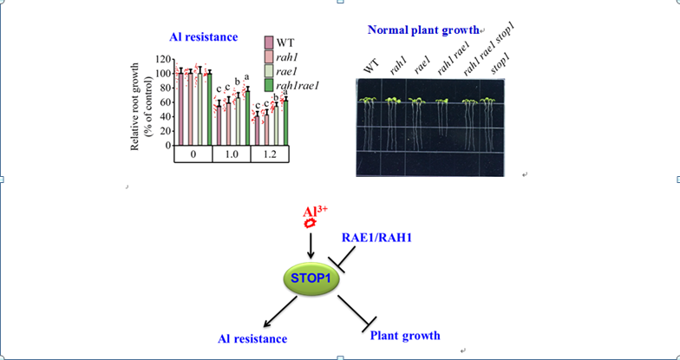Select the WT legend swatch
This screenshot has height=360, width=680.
point(269,42)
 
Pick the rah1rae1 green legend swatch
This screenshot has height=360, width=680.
point(269,84)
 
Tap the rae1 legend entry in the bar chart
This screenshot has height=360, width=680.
point(288,70)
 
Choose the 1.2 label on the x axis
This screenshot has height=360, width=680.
point(269,154)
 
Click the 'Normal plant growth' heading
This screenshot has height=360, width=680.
point(423,29)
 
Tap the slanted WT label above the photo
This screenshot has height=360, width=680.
point(372,65)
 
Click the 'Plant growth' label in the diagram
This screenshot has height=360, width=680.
point(405,335)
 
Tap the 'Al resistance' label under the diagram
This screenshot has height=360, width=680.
point(252,338)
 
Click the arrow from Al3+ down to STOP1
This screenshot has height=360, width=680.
point(311,246)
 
